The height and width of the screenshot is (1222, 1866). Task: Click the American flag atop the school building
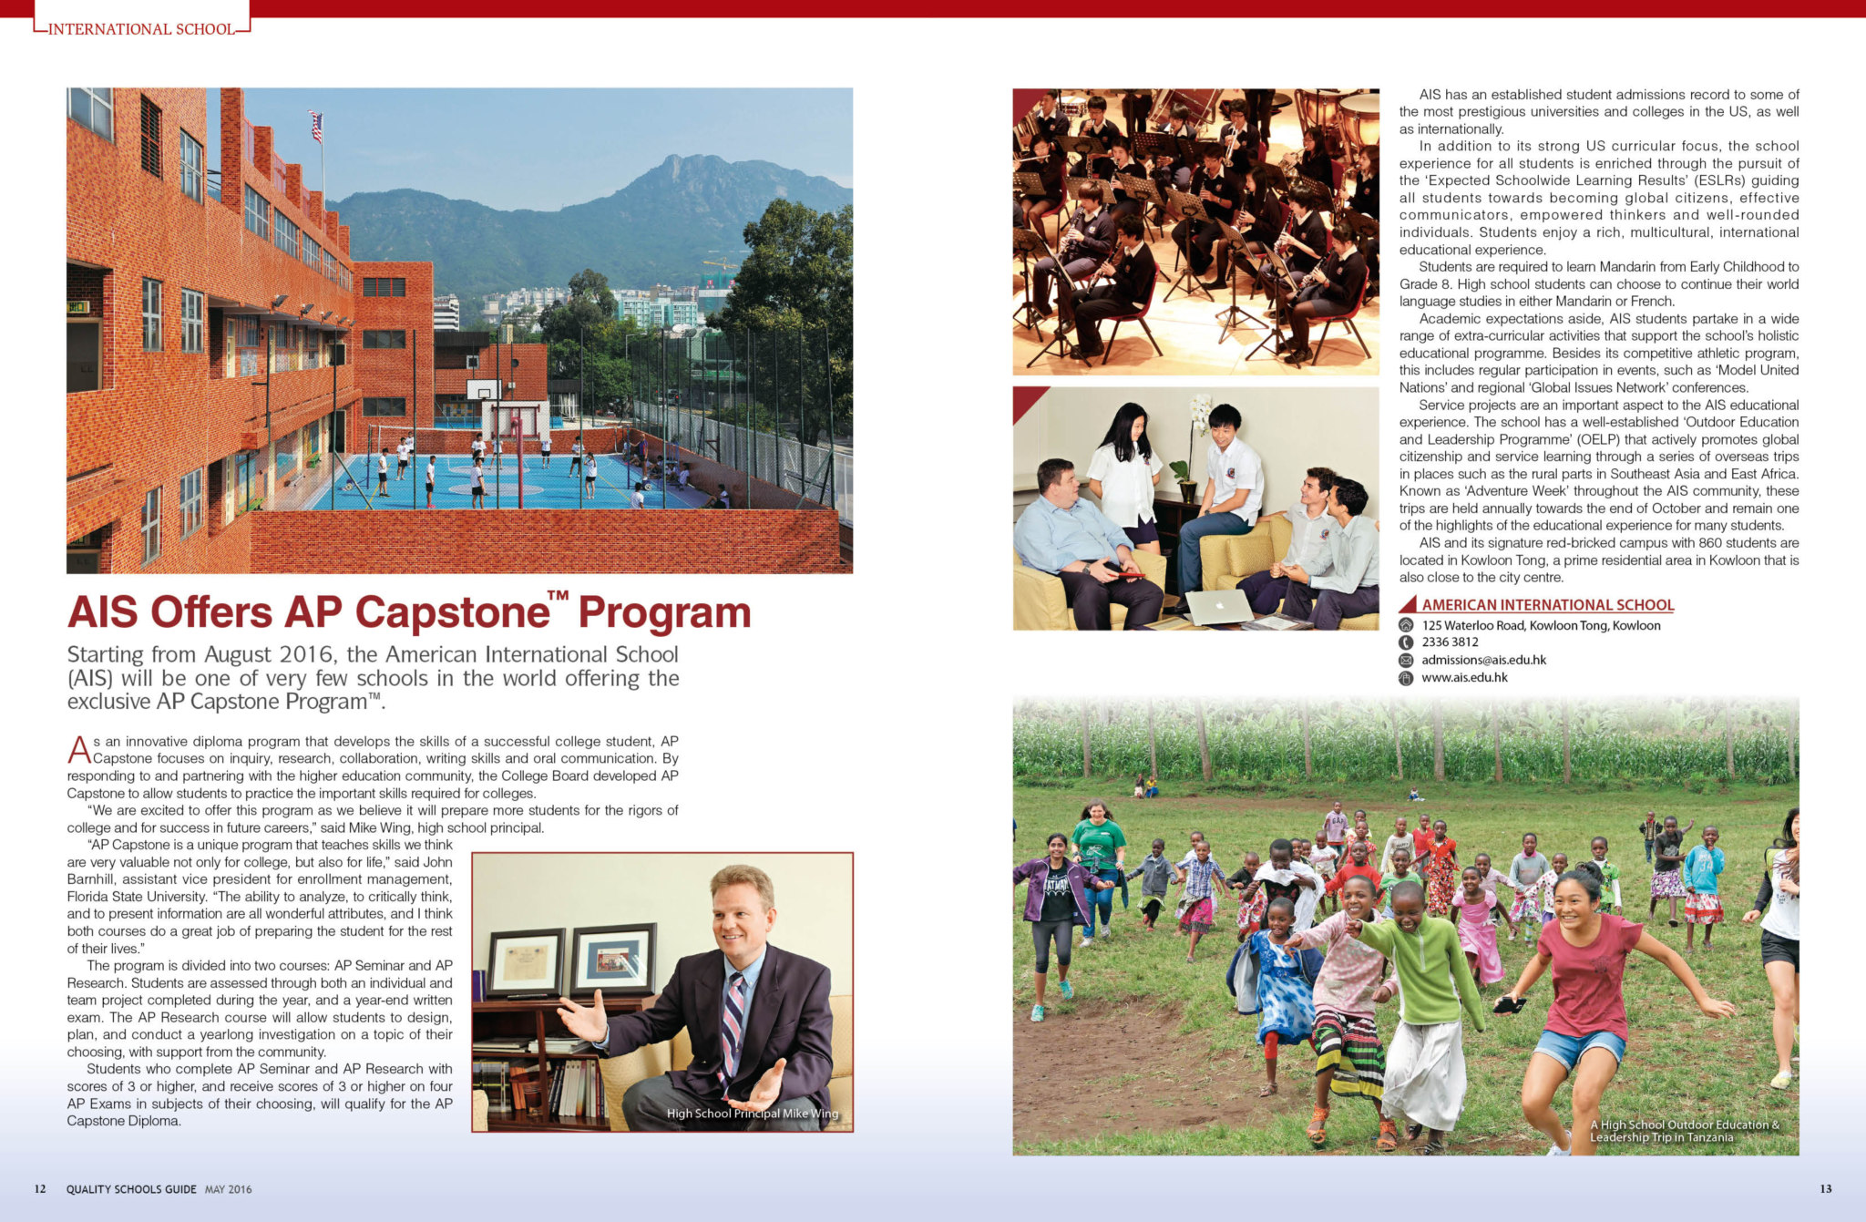point(316,126)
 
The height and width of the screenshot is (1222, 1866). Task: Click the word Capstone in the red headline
point(452,612)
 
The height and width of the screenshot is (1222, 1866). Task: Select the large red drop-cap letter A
point(79,751)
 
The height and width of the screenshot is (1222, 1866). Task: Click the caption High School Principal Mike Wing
point(752,1114)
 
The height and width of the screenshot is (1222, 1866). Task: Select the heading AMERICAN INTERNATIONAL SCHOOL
point(1547,605)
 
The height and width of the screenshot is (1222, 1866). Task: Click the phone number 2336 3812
point(1450,642)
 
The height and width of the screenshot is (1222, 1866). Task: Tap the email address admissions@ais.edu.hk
point(1483,660)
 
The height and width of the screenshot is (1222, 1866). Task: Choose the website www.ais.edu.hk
point(1464,677)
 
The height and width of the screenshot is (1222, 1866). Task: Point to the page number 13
point(1825,1188)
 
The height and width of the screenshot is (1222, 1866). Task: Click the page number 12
point(40,1189)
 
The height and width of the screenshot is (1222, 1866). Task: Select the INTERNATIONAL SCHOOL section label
point(141,29)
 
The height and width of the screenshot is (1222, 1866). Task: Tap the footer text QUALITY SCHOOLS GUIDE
point(131,1189)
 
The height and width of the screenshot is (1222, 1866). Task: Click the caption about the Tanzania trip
point(1684,1131)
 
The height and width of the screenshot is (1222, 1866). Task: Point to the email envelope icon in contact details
point(1406,661)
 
